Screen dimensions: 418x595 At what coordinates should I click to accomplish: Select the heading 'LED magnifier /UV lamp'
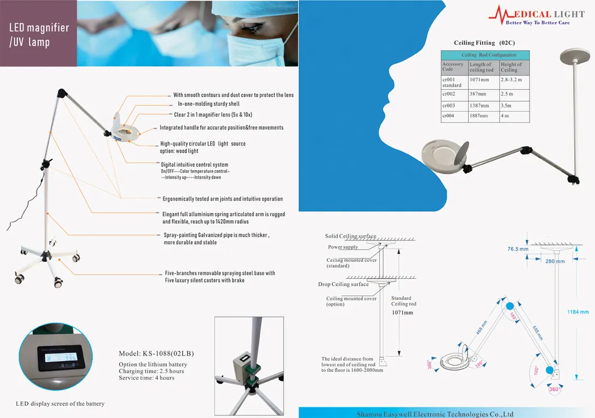(x=39, y=34)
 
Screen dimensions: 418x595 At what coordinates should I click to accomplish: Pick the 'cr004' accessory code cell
(x=448, y=116)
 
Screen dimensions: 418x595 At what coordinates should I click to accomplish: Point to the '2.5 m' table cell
(x=507, y=94)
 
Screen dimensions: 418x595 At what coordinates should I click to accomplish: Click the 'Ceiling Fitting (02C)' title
(x=484, y=43)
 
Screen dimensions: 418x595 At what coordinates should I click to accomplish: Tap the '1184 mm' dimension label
(x=578, y=312)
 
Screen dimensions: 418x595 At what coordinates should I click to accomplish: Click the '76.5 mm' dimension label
(x=518, y=248)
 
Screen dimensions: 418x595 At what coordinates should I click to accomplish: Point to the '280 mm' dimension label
(x=555, y=261)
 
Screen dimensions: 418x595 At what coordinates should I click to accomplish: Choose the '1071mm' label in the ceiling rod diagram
(x=402, y=312)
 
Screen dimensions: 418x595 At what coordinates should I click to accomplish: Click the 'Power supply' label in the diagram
(x=343, y=247)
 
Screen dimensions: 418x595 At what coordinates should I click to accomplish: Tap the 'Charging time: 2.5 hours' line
(x=152, y=371)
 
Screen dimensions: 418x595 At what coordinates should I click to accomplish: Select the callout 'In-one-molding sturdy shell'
(x=208, y=104)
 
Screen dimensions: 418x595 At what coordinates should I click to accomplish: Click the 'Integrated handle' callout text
(x=221, y=128)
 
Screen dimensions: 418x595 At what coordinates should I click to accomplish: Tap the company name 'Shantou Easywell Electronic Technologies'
(x=435, y=414)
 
